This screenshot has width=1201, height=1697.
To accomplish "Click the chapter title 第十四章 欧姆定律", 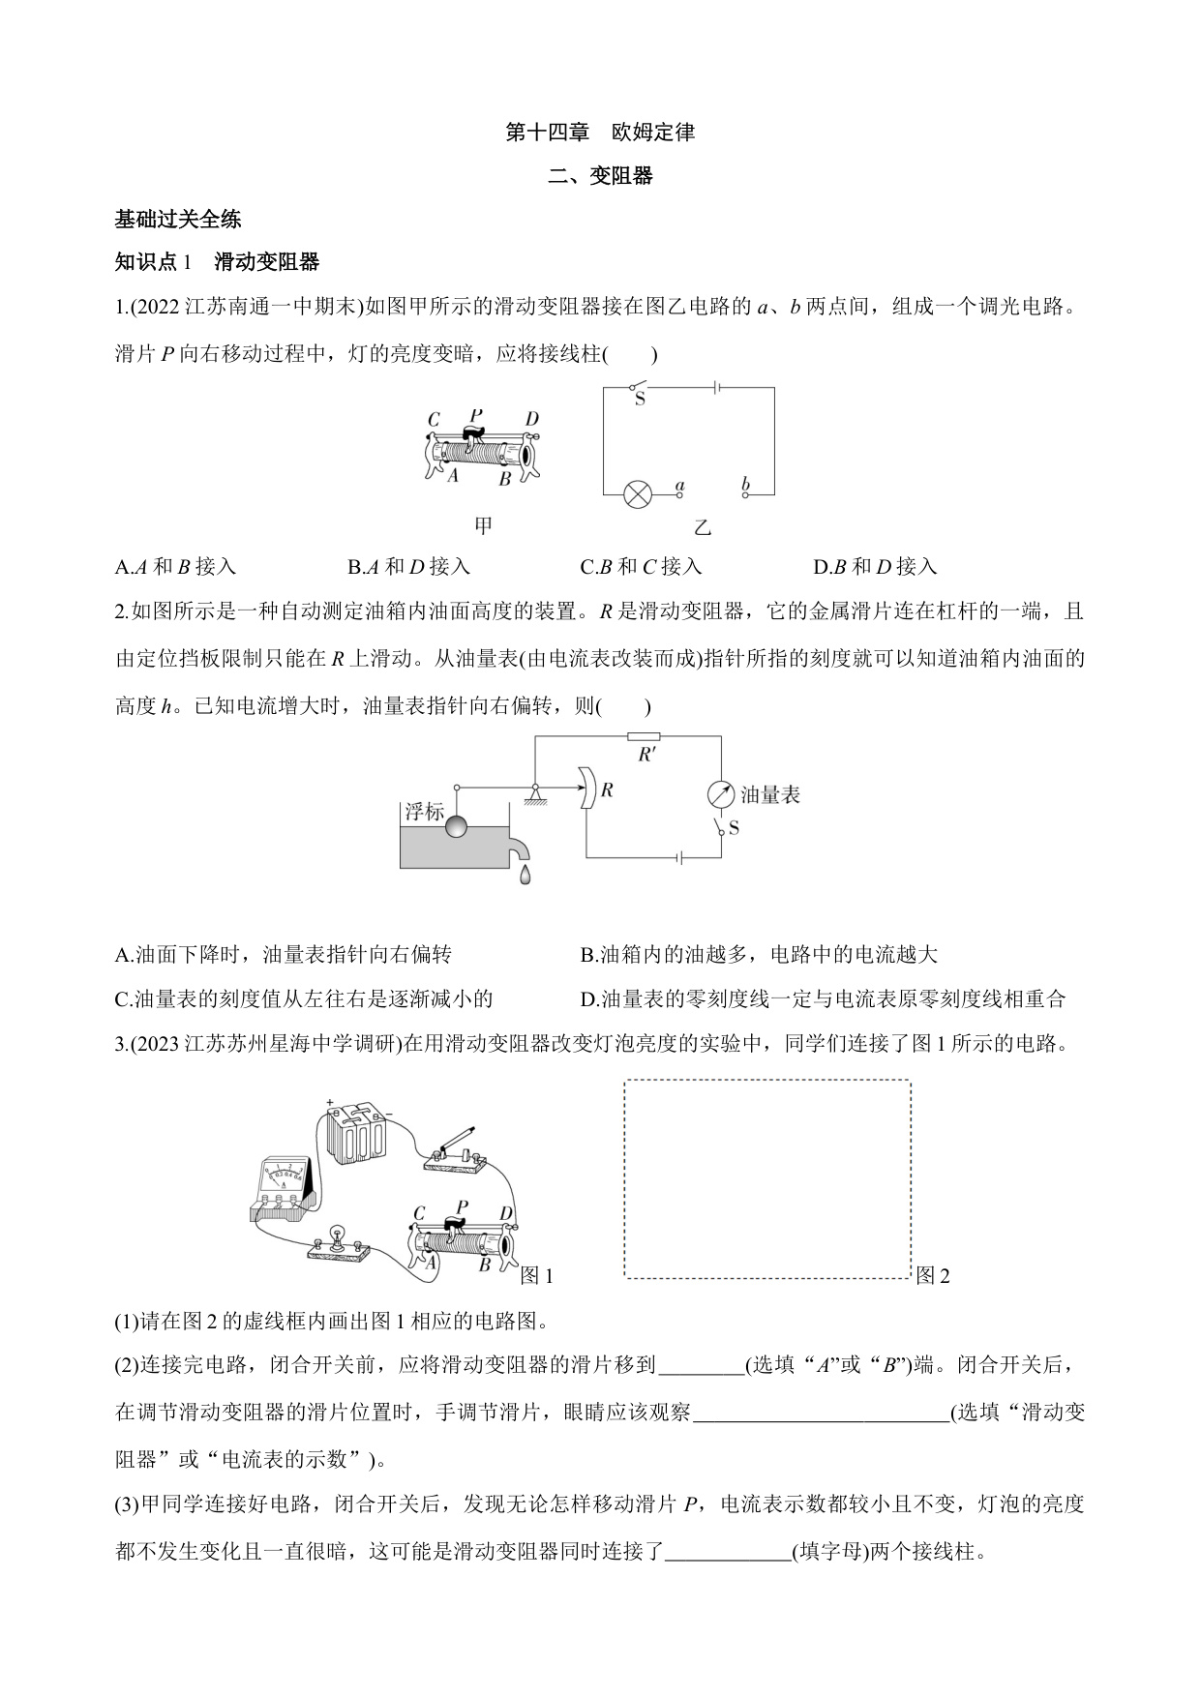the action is (600, 133).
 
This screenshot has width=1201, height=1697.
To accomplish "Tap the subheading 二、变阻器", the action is (600, 176).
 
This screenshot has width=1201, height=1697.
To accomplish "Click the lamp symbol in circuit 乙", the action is (636, 494).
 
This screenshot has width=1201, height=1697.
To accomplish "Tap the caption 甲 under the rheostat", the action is (483, 526).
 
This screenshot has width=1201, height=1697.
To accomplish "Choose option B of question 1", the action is (408, 567).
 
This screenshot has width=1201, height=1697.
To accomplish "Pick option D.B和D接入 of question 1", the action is (875, 567).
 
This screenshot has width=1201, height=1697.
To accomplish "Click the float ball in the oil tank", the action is (455, 825).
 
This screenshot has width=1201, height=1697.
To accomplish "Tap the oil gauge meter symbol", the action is (721, 794).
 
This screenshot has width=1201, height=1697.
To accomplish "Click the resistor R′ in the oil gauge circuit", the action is (644, 736).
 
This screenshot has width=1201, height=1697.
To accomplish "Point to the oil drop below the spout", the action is (524, 875).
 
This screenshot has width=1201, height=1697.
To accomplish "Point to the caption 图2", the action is (933, 1276).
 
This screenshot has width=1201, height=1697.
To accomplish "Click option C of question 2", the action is (304, 999).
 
